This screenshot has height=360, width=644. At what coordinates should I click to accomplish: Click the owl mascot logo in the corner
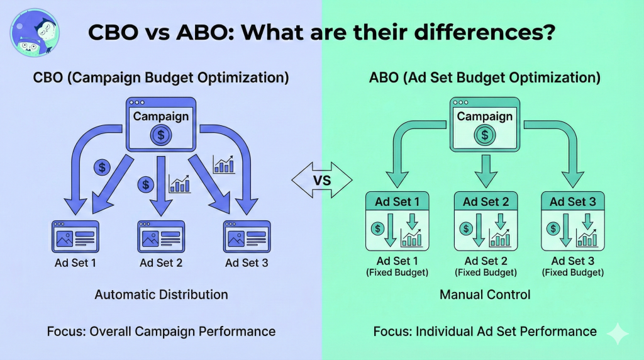point(35,33)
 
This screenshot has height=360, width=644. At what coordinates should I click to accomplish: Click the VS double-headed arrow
point(322,180)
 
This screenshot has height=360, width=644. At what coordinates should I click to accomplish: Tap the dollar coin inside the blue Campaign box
point(160,135)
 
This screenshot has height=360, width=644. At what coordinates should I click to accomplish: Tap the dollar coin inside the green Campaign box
point(485,135)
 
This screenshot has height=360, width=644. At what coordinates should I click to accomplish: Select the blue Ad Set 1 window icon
point(75,236)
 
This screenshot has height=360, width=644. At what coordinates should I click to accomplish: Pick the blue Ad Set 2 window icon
point(161,236)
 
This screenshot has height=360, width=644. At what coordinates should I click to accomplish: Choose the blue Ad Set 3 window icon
point(247,236)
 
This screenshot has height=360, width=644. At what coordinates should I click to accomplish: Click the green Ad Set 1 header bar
point(397,201)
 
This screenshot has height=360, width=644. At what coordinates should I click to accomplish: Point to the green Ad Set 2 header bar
point(486,201)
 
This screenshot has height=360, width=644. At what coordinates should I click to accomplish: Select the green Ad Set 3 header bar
point(573,201)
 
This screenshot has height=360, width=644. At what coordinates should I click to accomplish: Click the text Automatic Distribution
point(162,295)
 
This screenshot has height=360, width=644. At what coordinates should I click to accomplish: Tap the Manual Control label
point(485,295)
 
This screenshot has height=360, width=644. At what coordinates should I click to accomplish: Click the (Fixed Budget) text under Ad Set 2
point(486,273)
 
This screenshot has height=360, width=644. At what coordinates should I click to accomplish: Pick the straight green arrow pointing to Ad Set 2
point(486,171)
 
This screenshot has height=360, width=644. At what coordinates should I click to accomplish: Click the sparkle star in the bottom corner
point(618,334)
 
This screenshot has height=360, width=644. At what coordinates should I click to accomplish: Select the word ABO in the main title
point(205,32)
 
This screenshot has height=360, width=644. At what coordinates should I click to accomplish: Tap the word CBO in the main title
point(113,32)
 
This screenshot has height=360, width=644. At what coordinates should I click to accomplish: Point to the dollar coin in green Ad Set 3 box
point(553,228)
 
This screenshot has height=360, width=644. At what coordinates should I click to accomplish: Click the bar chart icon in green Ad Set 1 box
point(411,237)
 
